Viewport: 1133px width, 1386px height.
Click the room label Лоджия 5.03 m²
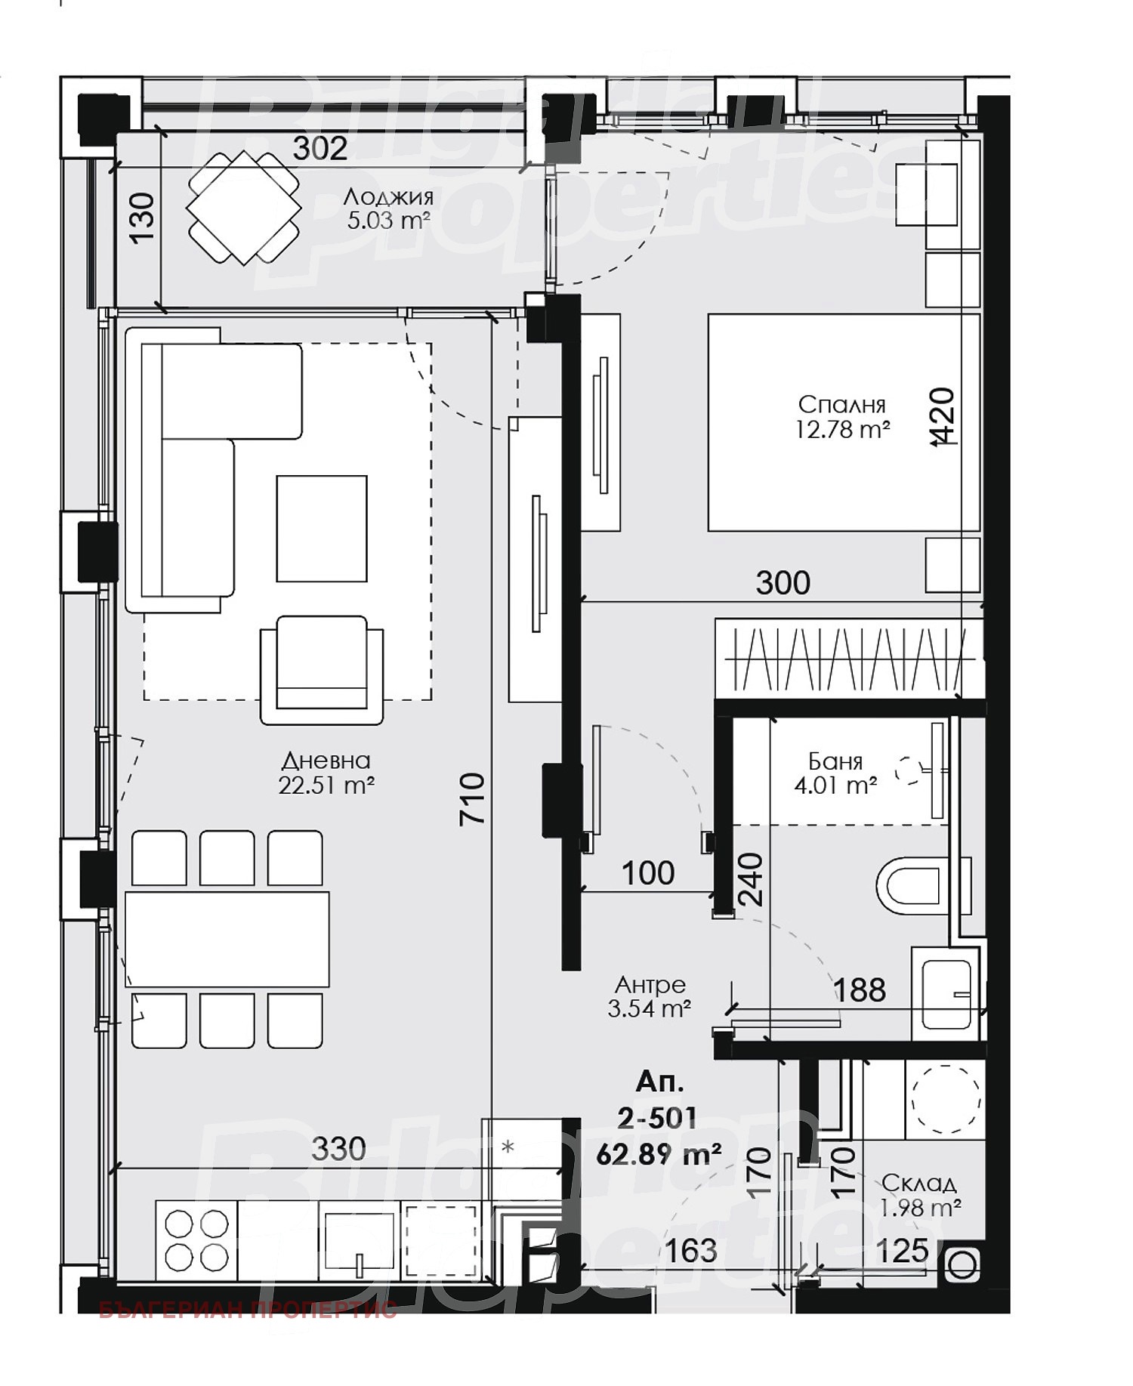pos(388,208)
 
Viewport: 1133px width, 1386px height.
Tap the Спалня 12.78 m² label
pos(841,417)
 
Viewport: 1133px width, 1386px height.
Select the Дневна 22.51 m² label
pos(326,773)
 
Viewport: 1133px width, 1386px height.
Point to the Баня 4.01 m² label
pos(835,773)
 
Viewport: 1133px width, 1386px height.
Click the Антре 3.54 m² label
pos(650,996)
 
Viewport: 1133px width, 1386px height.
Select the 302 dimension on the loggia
pos(320,149)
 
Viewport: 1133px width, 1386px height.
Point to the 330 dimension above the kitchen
pos(338,1149)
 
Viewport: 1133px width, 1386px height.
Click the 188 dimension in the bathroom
pos(860,989)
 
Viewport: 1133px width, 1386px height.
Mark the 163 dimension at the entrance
pos(692,1251)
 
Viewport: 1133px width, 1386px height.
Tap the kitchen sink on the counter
pos(360,1239)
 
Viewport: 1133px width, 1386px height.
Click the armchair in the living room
pos(322,668)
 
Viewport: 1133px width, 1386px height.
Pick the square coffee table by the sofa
pos(322,528)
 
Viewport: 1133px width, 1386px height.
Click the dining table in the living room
pos(227,939)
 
